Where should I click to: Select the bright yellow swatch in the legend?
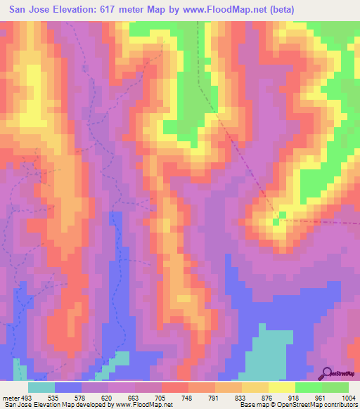click(282, 387)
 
